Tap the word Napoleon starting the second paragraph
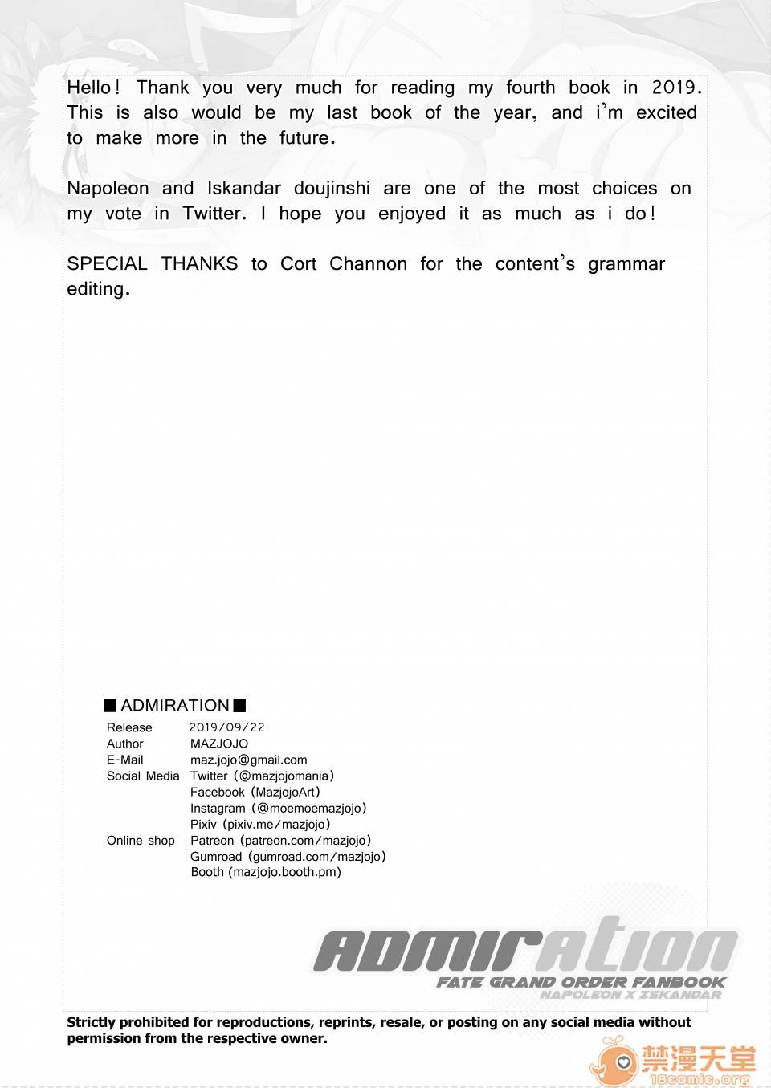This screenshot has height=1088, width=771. pyautogui.click(x=108, y=189)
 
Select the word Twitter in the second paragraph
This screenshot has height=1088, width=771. pyautogui.click(x=213, y=214)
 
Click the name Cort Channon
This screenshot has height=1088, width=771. pyautogui.click(x=344, y=264)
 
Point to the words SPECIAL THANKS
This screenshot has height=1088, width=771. pyautogui.click(x=153, y=264)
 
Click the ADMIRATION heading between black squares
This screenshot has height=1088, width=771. pyautogui.click(x=175, y=706)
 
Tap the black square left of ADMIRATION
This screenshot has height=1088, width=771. pyautogui.click(x=110, y=706)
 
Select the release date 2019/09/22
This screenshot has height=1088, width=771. pyautogui.click(x=227, y=727)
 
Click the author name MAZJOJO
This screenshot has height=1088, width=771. pyautogui.click(x=219, y=744)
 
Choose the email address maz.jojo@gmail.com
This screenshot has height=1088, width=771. pyautogui.click(x=249, y=760)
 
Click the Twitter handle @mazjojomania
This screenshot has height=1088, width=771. pyautogui.click(x=284, y=776)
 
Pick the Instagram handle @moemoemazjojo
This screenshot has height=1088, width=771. pyautogui.click(x=309, y=808)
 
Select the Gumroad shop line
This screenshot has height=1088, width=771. pyautogui.click(x=288, y=857)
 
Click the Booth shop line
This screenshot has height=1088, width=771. pyautogui.click(x=266, y=872)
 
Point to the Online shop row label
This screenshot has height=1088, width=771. pyautogui.click(x=141, y=840)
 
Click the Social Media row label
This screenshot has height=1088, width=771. pyautogui.click(x=143, y=776)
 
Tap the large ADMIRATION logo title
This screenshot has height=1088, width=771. pyautogui.click(x=526, y=947)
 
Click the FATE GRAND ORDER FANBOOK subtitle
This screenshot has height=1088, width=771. pyautogui.click(x=581, y=982)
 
